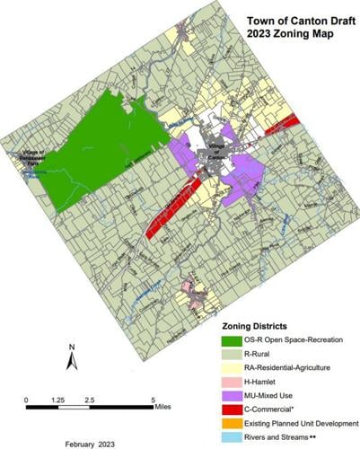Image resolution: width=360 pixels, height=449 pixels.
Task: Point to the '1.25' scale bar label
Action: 58,400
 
